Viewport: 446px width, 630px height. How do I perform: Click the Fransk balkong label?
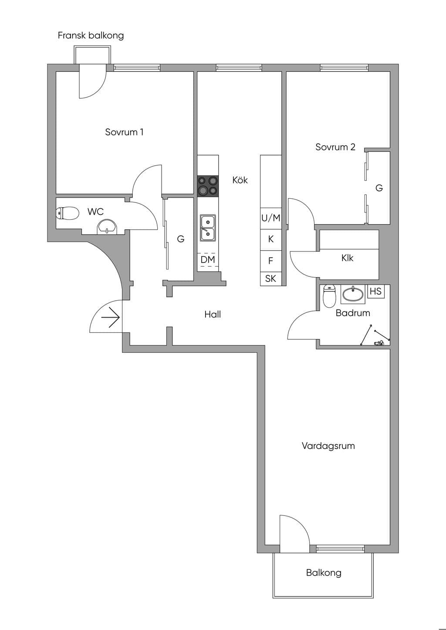click(x=91, y=36)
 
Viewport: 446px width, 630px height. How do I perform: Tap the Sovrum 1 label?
click(x=124, y=132)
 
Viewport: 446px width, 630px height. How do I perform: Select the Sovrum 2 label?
click(x=335, y=147)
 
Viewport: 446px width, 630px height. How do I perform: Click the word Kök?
click(x=240, y=180)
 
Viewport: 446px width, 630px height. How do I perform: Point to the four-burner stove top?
click(x=208, y=186)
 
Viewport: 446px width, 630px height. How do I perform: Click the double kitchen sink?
click(x=208, y=228)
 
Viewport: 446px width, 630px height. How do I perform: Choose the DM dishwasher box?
click(x=208, y=260)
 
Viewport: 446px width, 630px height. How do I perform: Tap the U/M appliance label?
click(x=271, y=218)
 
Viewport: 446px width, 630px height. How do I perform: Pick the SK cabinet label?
click(x=270, y=278)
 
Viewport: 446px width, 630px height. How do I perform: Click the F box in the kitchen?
click(x=271, y=261)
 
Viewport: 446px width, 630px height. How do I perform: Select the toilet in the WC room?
click(x=67, y=213)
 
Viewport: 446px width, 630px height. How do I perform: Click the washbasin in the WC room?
click(x=107, y=227)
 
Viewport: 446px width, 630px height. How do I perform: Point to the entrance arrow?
click(x=111, y=318)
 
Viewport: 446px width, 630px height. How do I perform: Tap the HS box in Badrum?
click(x=376, y=291)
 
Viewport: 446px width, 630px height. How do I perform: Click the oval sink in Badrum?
click(x=353, y=294)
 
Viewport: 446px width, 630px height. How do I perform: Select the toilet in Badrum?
click(x=329, y=296)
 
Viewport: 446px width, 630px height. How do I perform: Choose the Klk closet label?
click(x=347, y=258)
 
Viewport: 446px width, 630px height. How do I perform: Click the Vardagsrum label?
click(x=328, y=446)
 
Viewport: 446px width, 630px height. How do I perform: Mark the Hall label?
click(x=213, y=314)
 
